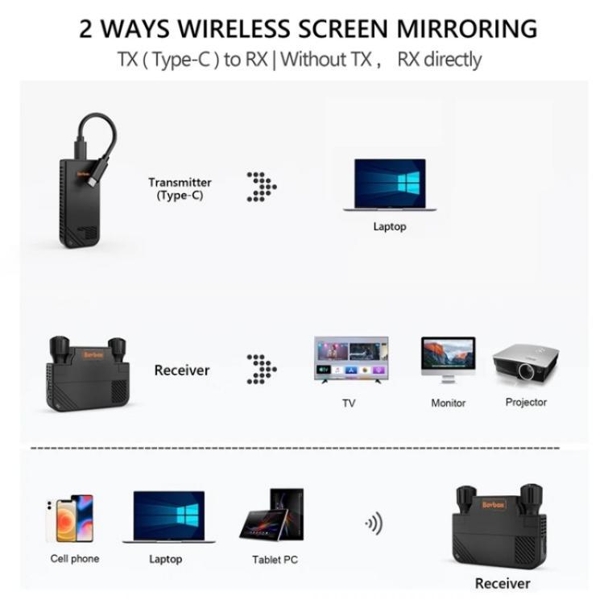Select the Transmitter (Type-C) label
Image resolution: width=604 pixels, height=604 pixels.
(180, 188)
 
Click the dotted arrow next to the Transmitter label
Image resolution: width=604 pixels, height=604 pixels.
(261, 186)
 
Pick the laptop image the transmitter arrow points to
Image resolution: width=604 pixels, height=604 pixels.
(390, 184)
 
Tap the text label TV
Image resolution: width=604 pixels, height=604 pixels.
(349, 403)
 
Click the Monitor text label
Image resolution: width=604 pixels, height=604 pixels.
(448, 403)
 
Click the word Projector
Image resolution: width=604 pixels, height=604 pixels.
(526, 402)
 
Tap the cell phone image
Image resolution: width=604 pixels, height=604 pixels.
(72, 518)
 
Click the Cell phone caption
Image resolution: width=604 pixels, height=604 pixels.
(75, 558)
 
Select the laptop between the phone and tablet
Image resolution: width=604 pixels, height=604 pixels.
(168, 518)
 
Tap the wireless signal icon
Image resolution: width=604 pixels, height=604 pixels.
(373, 524)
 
